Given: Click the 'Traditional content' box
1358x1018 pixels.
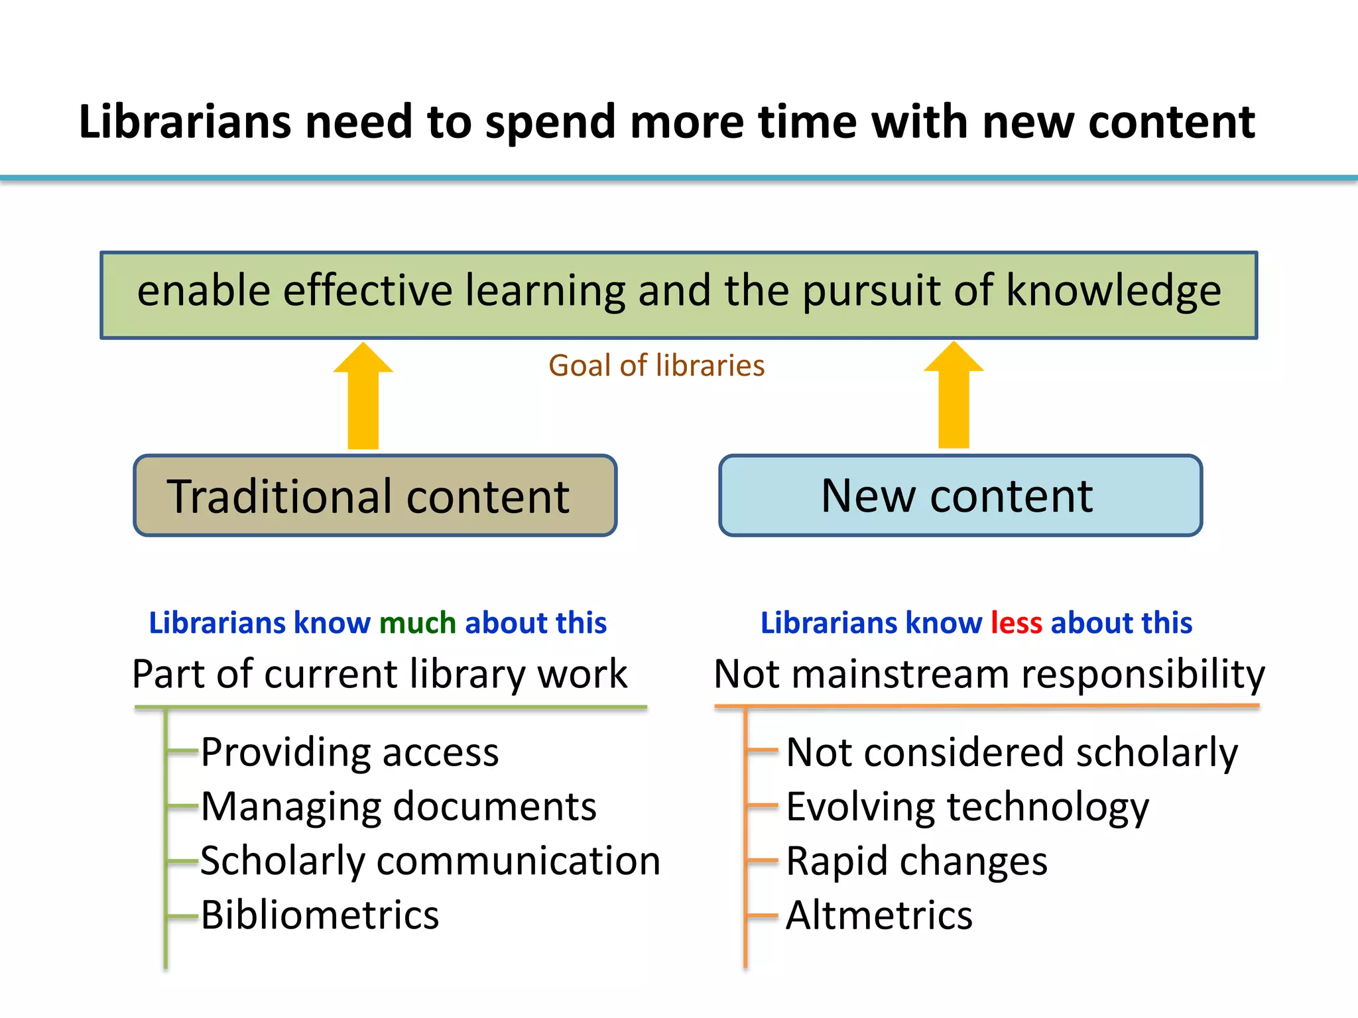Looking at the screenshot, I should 375,496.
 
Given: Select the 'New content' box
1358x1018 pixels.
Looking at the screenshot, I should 960,496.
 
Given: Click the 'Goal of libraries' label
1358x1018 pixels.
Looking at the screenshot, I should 656,366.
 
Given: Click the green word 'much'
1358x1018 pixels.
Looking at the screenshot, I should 418,623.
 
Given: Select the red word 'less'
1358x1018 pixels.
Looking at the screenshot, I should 1017,623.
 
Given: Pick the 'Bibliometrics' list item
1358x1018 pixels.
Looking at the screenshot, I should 320,915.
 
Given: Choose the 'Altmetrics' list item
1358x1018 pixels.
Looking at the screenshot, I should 879,915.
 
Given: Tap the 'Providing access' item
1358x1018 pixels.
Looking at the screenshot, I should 349,752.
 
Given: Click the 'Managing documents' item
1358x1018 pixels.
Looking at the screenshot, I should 399,807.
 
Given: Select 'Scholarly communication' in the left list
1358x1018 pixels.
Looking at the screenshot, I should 430,861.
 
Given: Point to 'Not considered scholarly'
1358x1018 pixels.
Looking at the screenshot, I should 1012,752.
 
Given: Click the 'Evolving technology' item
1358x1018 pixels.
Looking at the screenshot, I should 967,807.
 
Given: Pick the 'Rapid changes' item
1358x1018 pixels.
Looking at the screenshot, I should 916,861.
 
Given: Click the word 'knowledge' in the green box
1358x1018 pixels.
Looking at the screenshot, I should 1113,290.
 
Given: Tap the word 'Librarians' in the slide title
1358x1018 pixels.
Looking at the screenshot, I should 185,122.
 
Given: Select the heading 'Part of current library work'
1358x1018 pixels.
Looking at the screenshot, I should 379,674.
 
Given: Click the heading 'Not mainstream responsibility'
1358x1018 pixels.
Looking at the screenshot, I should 989,674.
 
